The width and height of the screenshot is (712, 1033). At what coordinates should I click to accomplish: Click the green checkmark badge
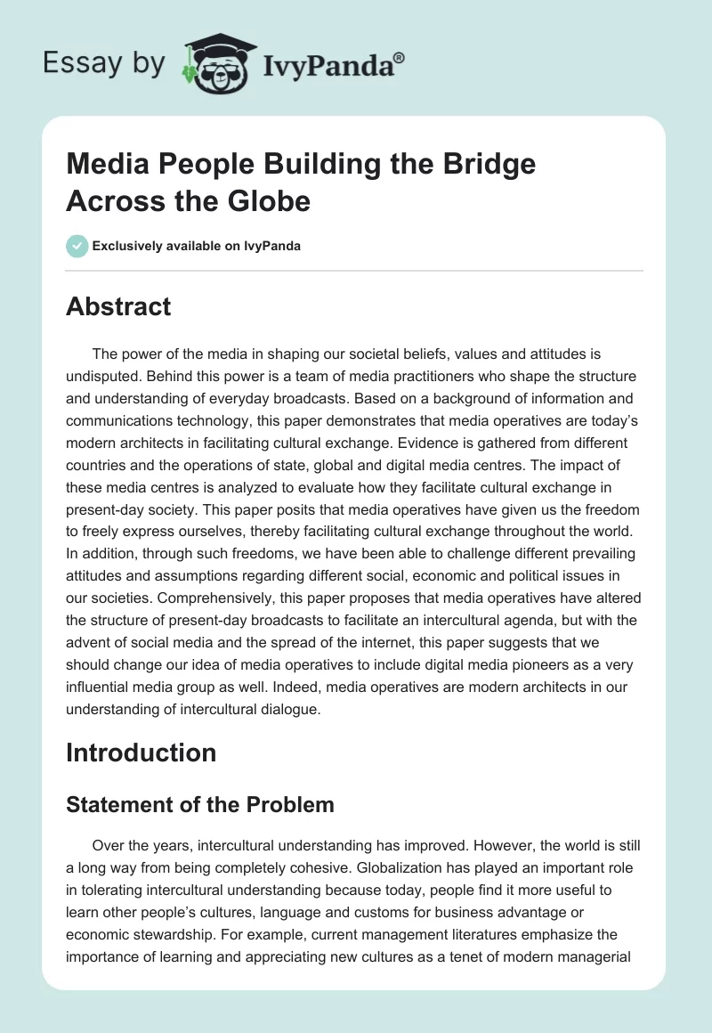77,246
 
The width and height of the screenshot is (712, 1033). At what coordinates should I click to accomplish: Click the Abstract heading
118,307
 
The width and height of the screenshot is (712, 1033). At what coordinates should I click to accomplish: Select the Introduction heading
142,752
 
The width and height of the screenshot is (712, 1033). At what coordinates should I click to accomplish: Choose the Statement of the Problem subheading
200,805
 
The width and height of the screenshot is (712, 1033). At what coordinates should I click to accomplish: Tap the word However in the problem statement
468,845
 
